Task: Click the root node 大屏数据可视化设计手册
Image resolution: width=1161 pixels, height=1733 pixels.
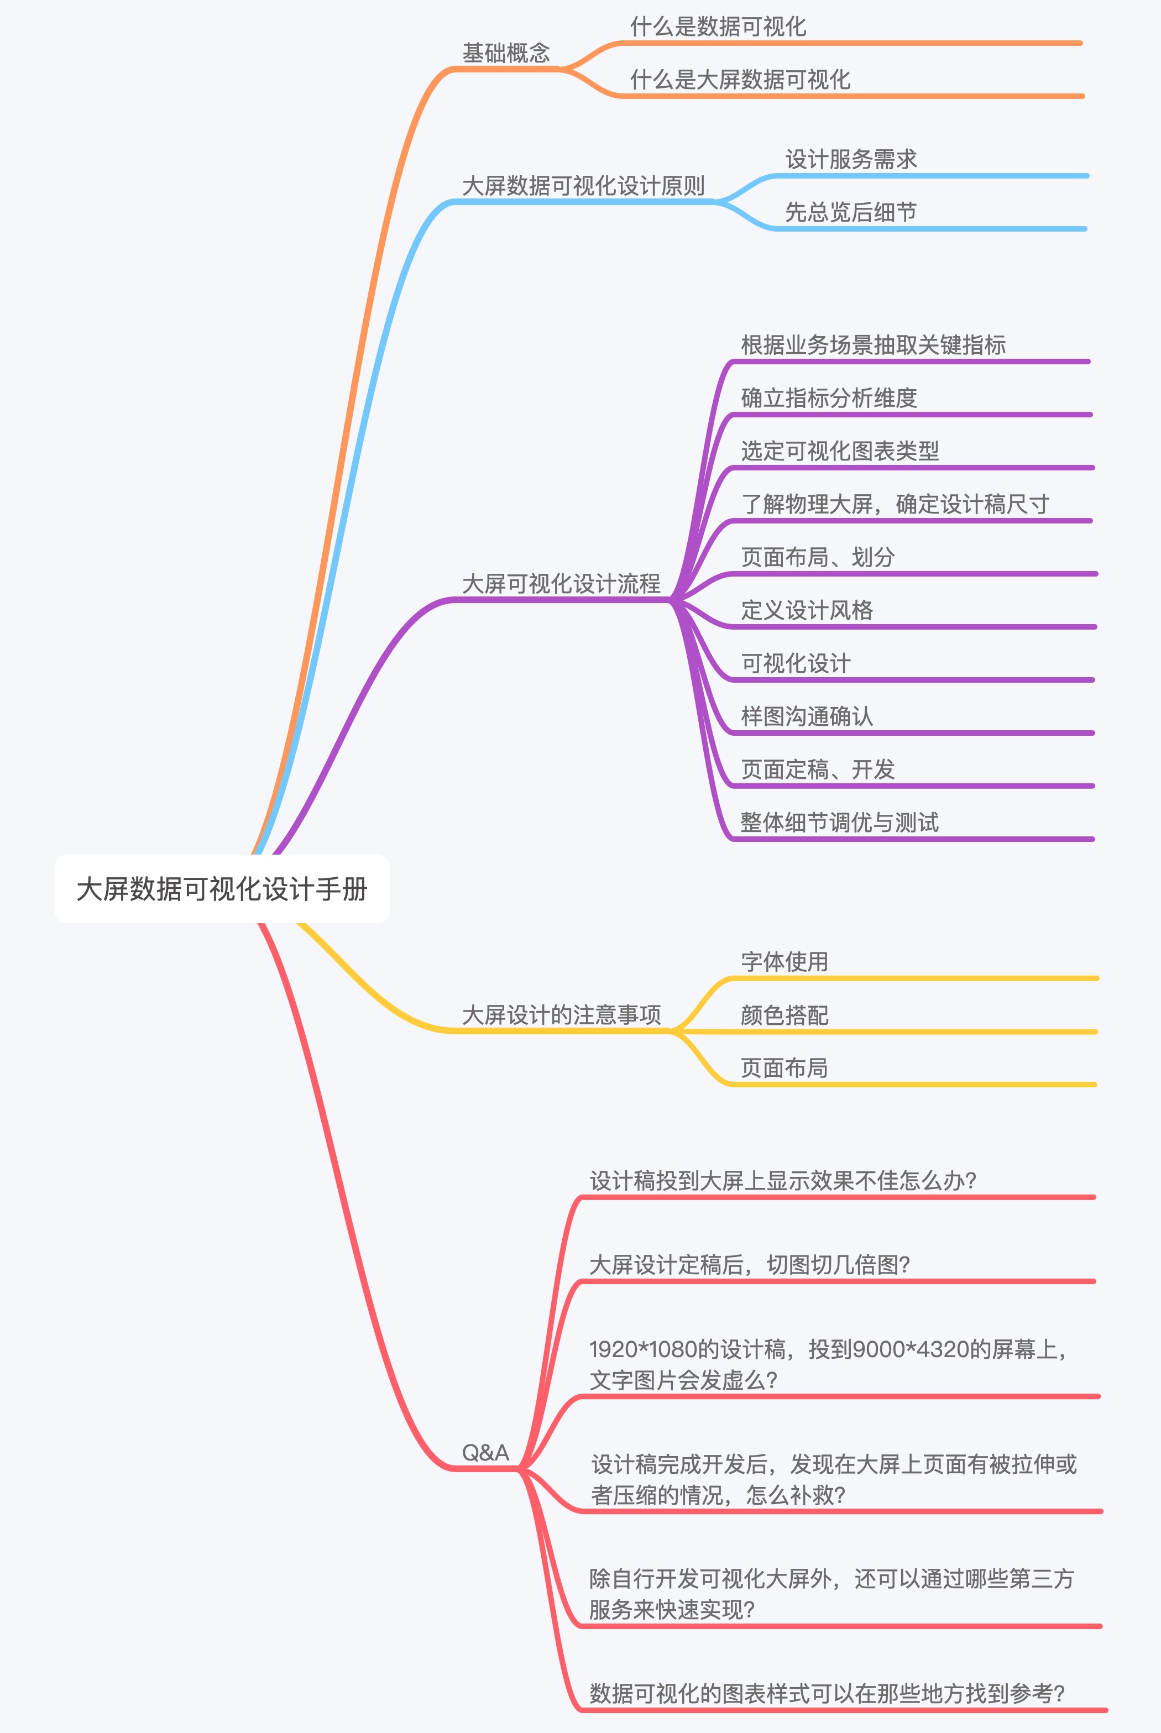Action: click(222, 889)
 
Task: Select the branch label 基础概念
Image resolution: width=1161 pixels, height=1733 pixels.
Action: click(506, 53)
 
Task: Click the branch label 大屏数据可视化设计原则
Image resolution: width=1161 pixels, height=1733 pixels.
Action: click(583, 186)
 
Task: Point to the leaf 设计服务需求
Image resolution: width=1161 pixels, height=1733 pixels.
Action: click(851, 160)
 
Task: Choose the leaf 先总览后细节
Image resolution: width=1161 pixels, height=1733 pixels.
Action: click(851, 212)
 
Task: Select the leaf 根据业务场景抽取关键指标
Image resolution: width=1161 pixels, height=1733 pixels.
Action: click(873, 345)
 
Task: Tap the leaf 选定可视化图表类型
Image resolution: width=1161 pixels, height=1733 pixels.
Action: click(840, 451)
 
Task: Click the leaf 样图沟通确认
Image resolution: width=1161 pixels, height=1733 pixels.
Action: click(807, 716)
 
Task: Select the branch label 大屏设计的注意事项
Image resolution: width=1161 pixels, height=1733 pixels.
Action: click(561, 1015)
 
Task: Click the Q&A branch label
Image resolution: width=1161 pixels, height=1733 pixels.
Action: click(486, 1452)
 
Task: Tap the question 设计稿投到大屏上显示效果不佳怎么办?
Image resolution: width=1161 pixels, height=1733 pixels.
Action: click(783, 1181)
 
